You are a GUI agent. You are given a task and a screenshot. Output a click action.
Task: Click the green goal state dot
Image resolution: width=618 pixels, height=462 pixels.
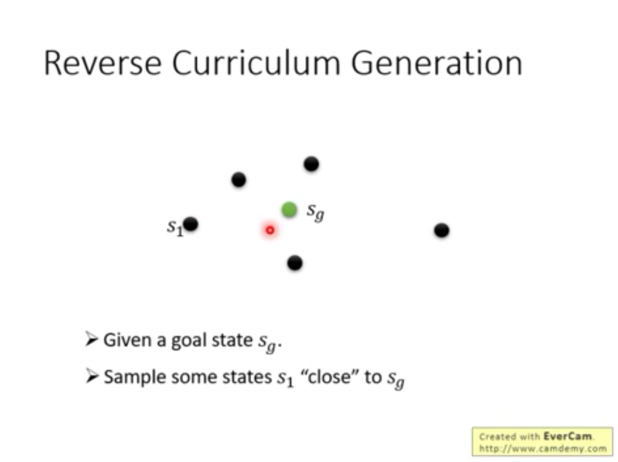(289, 210)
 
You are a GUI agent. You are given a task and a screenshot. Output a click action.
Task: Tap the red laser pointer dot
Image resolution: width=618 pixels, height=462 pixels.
(270, 230)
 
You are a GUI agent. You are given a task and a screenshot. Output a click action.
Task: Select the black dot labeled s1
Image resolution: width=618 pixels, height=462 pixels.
(191, 224)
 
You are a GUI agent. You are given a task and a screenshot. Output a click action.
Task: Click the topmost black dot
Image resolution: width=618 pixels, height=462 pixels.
(311, 164)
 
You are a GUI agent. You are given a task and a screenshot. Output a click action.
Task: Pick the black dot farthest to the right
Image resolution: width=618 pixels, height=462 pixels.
(442, 231)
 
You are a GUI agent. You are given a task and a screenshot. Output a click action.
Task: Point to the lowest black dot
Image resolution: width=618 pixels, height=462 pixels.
(295, 263)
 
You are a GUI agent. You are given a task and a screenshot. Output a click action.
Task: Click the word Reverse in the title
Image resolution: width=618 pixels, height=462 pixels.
(103, 63)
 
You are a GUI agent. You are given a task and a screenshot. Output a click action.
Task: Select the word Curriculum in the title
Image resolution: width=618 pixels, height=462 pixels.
(256, 63)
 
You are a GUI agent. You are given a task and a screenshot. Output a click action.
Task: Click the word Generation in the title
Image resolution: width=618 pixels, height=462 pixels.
(437, 63)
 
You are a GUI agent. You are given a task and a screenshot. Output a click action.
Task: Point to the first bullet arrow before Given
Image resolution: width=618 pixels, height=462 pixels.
(92, 339)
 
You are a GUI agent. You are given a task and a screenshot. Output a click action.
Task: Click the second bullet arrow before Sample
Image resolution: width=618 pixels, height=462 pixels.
(92, 376)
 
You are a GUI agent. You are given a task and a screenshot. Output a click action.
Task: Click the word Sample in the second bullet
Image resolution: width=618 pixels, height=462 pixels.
(135, 378)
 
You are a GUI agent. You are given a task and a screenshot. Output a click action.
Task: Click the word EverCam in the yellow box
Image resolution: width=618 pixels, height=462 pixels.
(567, 436)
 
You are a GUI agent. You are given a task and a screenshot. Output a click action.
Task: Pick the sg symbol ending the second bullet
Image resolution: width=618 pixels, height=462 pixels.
(396, 379)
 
